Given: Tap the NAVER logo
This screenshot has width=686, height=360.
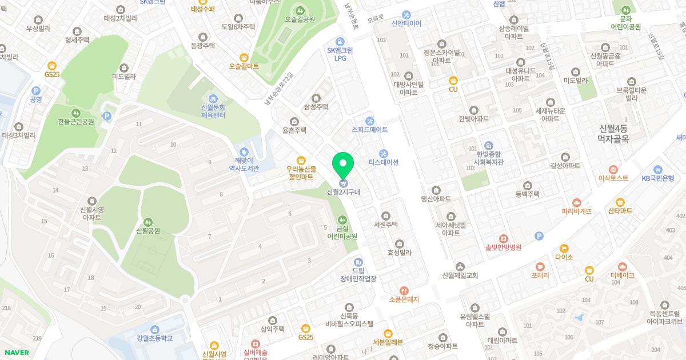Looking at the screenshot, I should [17, 353].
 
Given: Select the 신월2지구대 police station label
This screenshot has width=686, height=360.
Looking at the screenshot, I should [343, 192].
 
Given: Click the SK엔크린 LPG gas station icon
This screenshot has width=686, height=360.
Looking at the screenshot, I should [340, 42].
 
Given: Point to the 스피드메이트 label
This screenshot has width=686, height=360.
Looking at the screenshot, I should [369, 130].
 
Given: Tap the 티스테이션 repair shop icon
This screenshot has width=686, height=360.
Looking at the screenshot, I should [383, 153].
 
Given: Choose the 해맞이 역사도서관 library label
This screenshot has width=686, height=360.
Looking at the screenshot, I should [244, 165].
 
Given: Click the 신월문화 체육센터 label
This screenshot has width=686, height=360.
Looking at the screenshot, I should [213, 111].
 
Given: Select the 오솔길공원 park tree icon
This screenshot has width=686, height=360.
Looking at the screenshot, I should [300, 10].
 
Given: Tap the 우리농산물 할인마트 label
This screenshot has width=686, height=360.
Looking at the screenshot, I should [300, 173].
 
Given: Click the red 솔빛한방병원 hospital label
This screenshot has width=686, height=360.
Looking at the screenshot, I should [503, 247].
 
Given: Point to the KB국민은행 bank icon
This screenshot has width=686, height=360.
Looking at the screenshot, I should [657, 170].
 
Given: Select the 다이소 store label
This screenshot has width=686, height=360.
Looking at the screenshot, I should [564, 257].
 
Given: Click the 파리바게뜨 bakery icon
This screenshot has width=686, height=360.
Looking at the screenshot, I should [576, 202].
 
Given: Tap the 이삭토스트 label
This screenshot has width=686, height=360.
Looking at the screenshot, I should [613, 178].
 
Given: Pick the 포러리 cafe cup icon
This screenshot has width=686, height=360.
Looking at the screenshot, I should [540, 266].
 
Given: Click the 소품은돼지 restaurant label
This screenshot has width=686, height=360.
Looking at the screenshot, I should [404, 299].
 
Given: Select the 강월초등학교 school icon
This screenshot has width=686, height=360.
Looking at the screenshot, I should [154, 329].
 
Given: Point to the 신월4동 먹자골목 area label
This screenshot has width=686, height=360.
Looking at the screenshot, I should [613, 133].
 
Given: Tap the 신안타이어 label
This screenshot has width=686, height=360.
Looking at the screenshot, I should [406, 23].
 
